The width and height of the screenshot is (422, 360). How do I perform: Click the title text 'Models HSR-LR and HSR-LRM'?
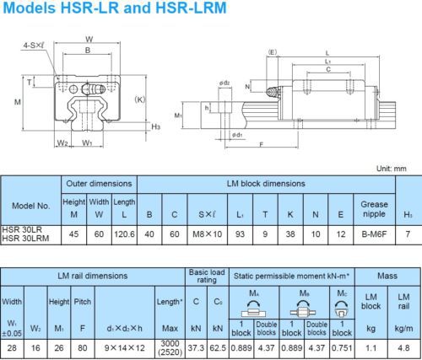click(x=115, y=8)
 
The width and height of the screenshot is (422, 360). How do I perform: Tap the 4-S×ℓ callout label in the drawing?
click(x=34, y=46)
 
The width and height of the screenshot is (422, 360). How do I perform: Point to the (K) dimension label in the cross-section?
click(x=140, y=99)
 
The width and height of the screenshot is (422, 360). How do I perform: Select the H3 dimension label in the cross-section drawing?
click(x=156, y=126)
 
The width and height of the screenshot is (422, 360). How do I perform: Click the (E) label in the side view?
click(x=273, y=52)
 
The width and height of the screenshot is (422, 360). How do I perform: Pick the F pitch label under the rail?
click(x=262, y=145)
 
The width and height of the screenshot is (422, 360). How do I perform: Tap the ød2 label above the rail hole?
click(x=225, y=83)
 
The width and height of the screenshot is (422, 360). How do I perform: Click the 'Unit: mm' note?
click(x=392, y=169)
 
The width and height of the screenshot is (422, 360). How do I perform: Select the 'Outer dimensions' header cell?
click(x=99, y=184)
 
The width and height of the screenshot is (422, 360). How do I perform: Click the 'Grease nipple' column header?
click(x=374, y=209)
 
